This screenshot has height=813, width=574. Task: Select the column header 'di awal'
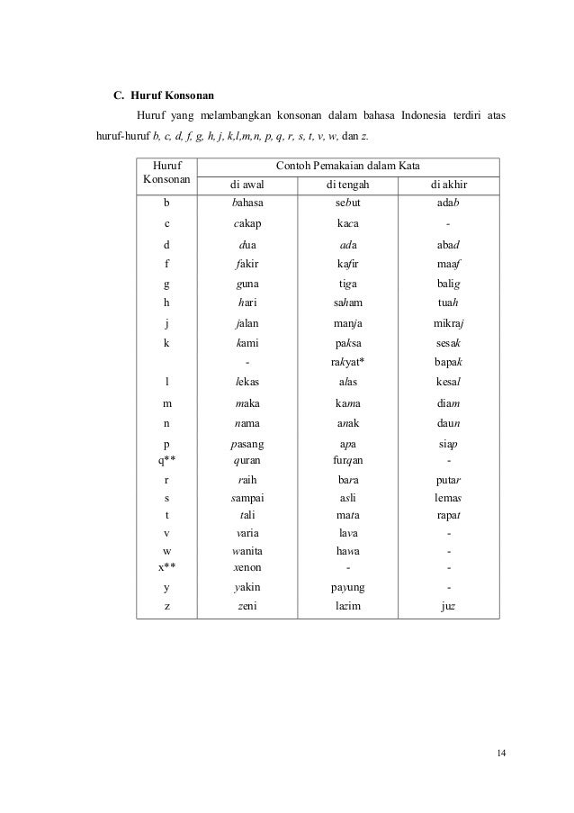click(247, 186)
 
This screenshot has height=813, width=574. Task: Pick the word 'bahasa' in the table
click(247, 205)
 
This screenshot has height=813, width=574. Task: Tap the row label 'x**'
click(166, 567)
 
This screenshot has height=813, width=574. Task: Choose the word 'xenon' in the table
click(247, 567)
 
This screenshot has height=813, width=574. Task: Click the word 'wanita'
click(247, 550)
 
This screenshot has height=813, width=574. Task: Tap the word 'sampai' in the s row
click(247, 496)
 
